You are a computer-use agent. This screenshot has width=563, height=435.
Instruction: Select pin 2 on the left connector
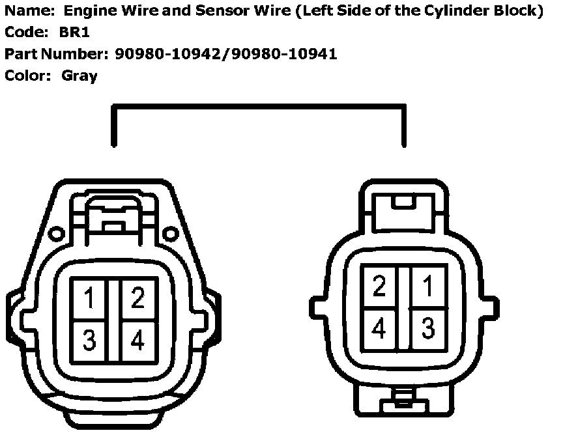tap(137, 299)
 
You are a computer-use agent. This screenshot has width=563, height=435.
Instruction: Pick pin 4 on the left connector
tap(137, 339)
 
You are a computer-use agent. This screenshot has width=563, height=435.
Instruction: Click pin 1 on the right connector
tap(427, 287)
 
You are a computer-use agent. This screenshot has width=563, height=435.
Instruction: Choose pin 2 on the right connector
tap(379, 287)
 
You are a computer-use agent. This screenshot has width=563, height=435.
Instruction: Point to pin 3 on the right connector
tap(427, 329)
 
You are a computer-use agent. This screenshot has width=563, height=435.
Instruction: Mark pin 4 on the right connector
tap(379, 329)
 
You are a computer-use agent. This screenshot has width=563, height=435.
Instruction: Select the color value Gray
tap(79, 76)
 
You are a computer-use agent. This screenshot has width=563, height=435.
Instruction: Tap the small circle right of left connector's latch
tap(171, 232)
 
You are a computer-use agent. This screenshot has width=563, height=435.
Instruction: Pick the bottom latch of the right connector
tap(404, 400)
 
